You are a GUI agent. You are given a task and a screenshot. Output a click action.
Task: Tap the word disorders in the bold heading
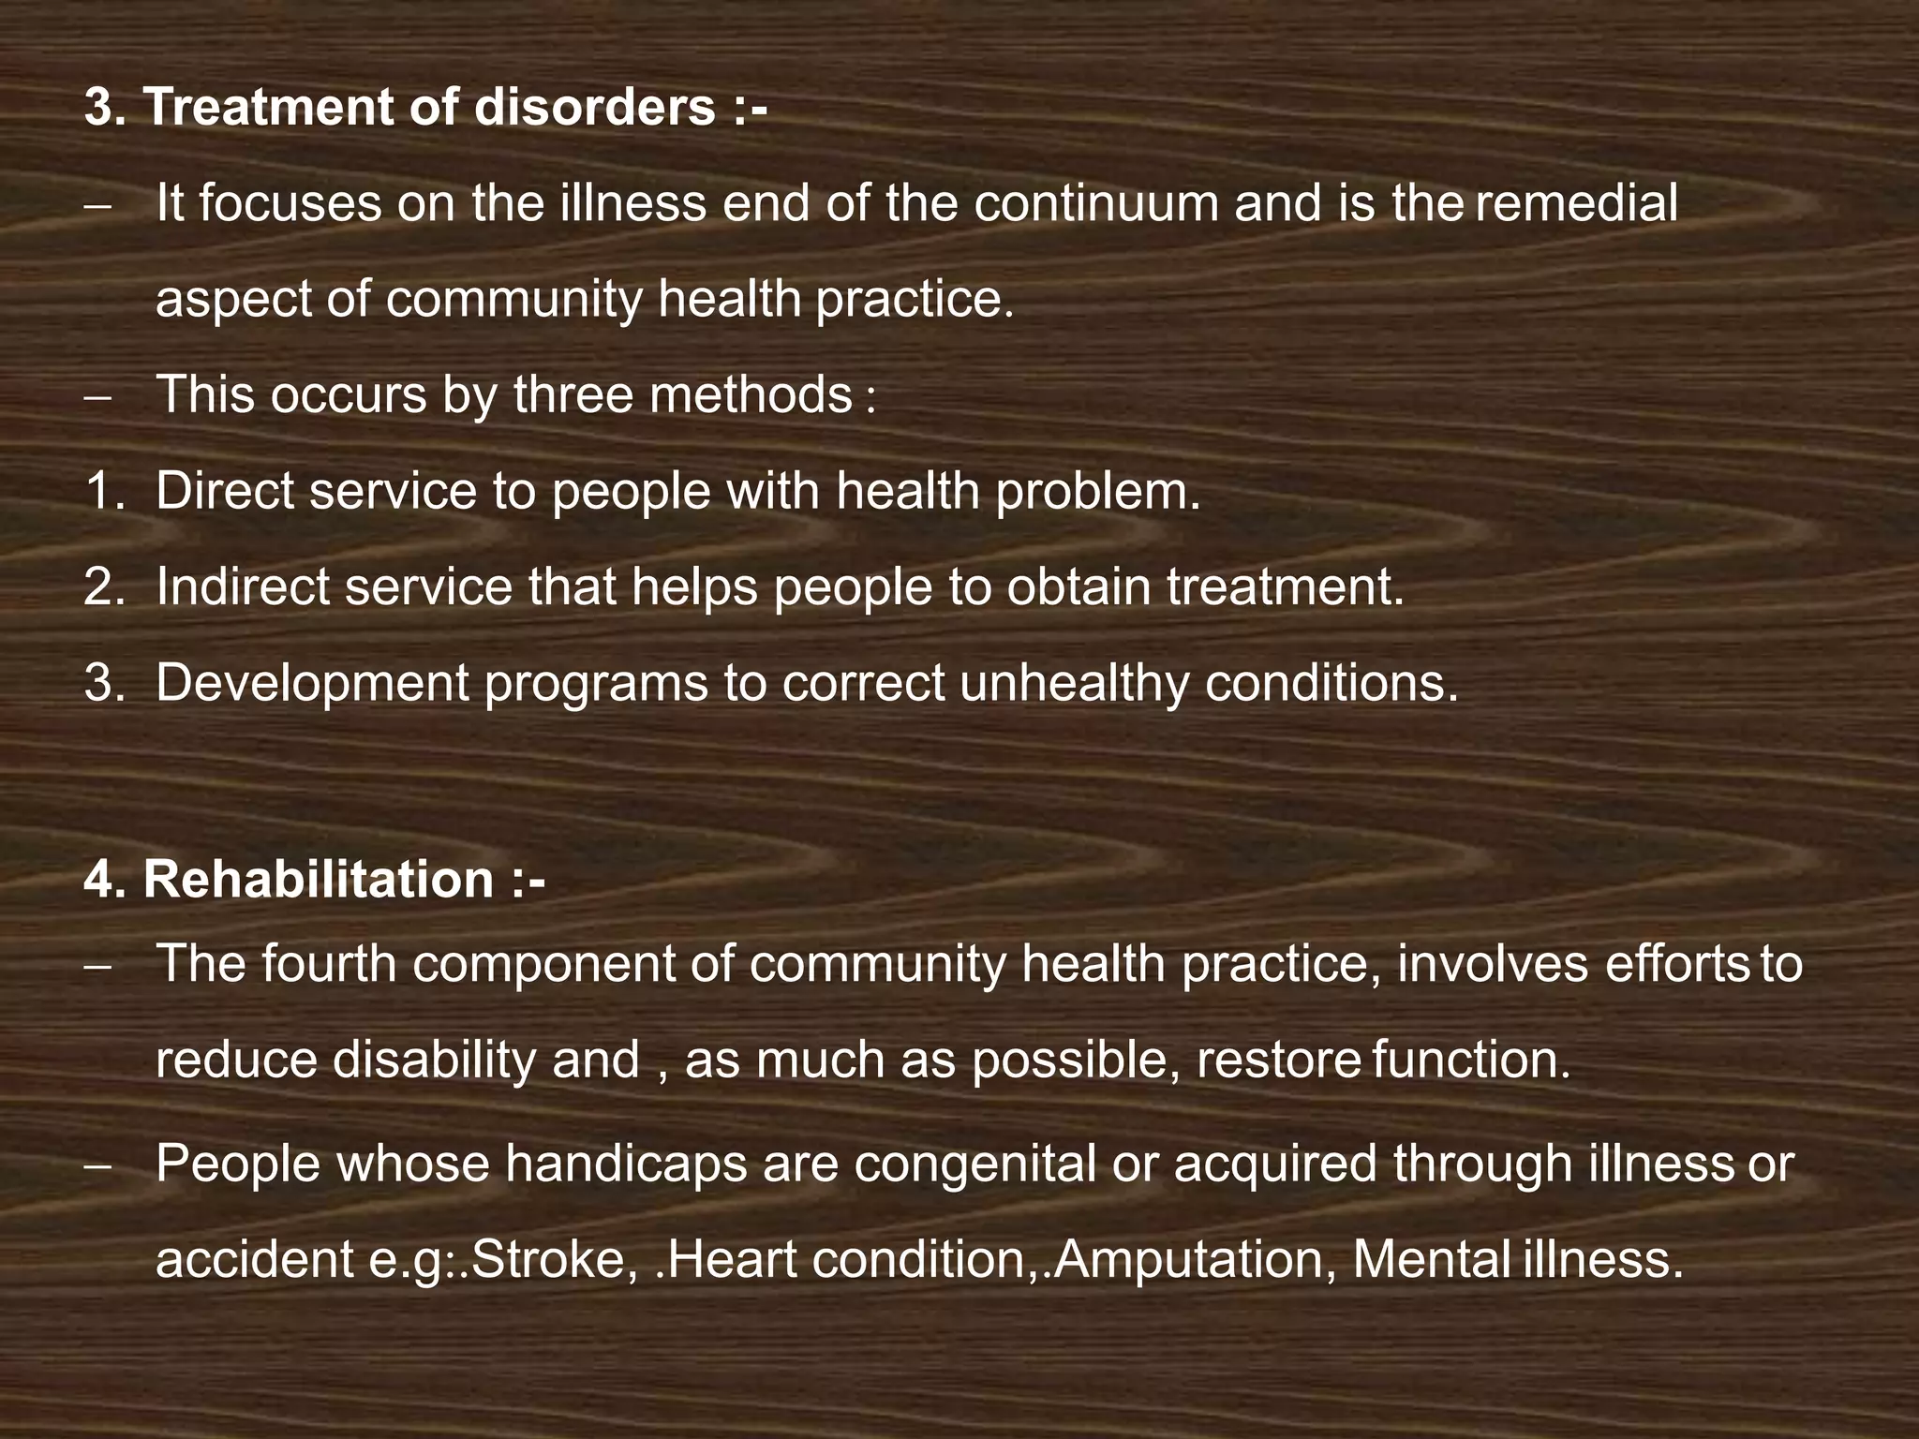pos(595,107)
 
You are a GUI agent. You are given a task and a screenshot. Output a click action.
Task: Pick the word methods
pos(751,394)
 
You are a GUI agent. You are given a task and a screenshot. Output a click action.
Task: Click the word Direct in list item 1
pos(224,490)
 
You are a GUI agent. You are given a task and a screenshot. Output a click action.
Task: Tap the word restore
pos(1279,1061)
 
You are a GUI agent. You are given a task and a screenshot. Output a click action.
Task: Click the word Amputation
pos(1182,1260)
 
